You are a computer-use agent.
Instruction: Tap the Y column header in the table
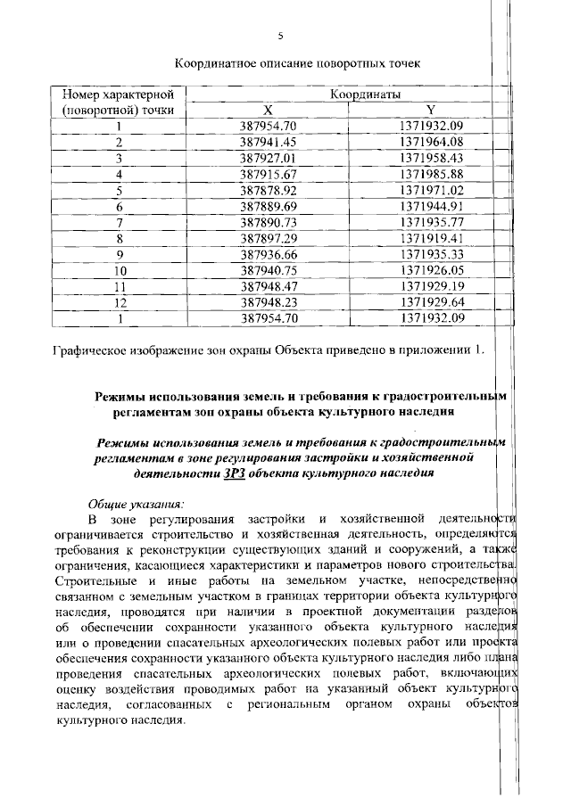pyautogui.click(x=431, y=109)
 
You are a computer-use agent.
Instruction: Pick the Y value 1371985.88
pyautogui.click(x=432, y=173)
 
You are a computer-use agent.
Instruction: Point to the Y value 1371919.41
pyautogui.click(x=432, y=237)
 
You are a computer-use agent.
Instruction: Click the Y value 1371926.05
pyautogui.click(x=432, y=269)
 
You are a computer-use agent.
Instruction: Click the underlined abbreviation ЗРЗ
pyautogui.click(x=232, y=473)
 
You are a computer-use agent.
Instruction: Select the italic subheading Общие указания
pyautogui.click(x=134, y=503)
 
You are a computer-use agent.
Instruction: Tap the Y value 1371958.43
pyautogui.click(x=432, y=157)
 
